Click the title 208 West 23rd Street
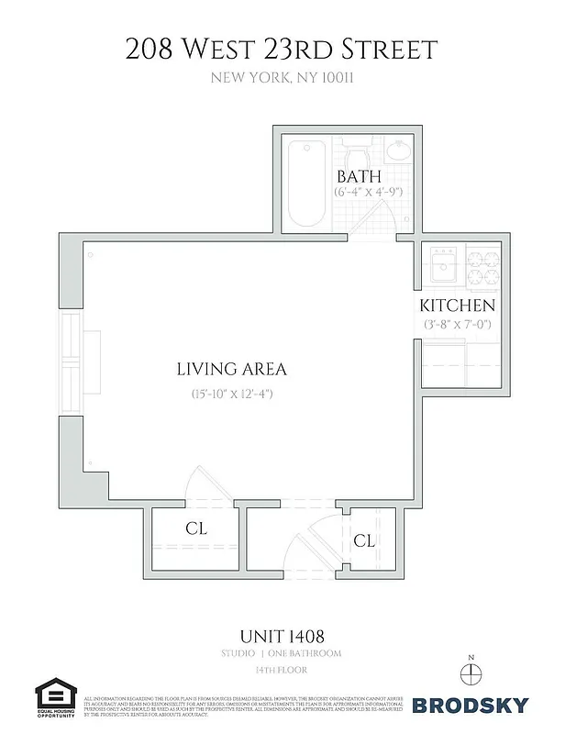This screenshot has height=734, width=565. point(282,49)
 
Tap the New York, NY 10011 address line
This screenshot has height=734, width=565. point(282,78)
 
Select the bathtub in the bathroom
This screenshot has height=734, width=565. point(304,184)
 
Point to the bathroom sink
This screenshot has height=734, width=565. point(398,151)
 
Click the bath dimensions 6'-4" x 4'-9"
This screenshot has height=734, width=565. point(368,193)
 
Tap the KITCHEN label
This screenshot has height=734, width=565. point(458,306)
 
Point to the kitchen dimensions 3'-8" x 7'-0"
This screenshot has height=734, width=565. point(459,324)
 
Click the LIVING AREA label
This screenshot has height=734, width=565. point(231,370)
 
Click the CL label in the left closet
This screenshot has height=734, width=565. point(196,529)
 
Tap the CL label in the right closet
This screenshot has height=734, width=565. point(364,540)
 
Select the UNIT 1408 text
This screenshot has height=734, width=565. point(282,635)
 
